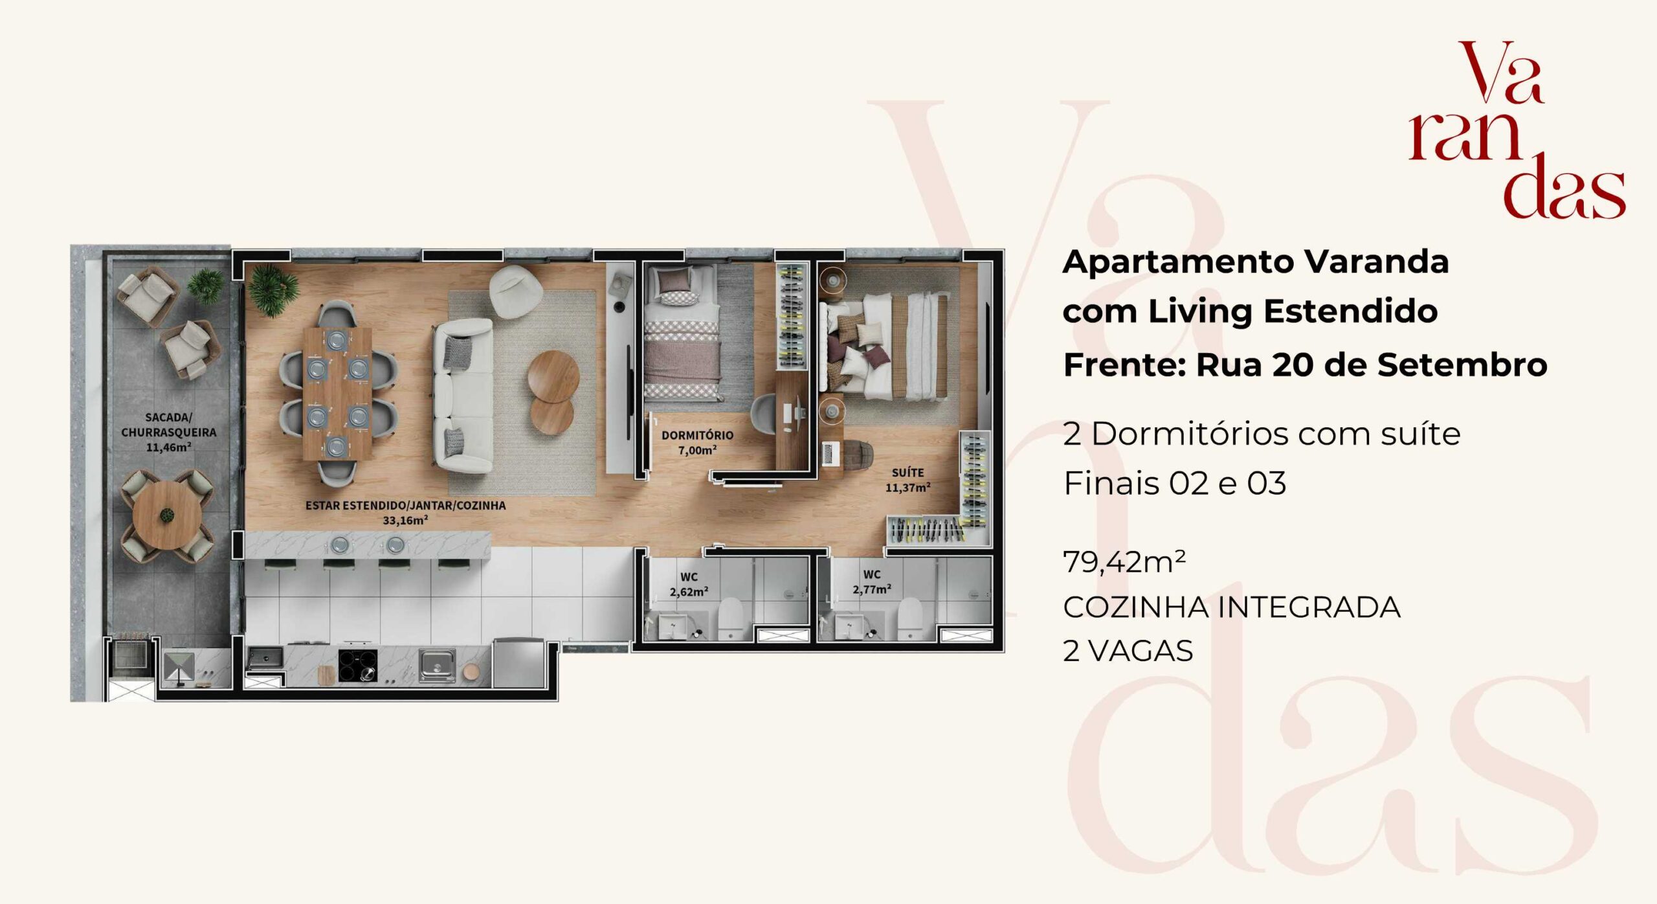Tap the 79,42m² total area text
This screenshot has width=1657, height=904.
1124,562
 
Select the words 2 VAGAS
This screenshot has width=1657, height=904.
1128,651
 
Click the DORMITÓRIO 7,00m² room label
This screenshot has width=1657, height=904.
697,443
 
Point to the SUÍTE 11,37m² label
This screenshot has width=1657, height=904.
907,480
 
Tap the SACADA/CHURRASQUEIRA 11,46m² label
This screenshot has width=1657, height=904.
168,432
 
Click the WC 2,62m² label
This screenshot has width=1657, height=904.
689,583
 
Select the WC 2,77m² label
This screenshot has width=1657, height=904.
872,582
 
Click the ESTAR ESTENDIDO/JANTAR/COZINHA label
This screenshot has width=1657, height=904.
405,505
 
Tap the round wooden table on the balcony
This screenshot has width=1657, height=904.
167,515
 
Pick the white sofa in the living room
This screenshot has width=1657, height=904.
462,395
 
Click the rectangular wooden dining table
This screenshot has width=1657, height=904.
337,393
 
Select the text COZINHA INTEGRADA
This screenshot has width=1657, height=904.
1232,607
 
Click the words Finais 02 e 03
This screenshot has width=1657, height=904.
1175,483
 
